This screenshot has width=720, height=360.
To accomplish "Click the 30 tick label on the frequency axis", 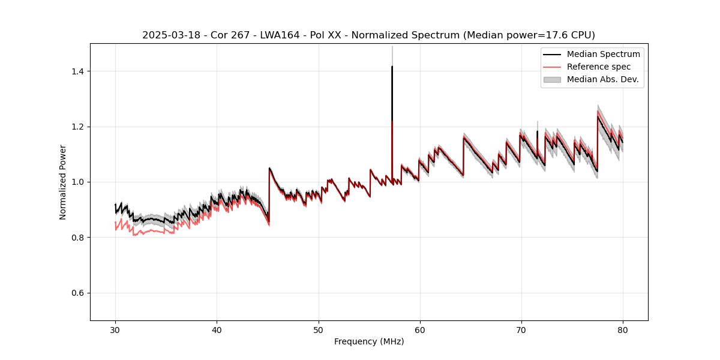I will [115, 329].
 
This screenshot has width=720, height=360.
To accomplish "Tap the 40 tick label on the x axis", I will [217, 329].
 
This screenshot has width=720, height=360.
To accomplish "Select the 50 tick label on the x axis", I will [318, 329].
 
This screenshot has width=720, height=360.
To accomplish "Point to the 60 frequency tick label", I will [419, 329].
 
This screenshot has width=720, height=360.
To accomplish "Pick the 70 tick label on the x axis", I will [521, 329].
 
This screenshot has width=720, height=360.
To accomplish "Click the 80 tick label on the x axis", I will [622, 329].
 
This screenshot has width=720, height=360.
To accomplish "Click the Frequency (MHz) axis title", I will [369, 341].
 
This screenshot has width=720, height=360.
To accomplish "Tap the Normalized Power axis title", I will [63, 182].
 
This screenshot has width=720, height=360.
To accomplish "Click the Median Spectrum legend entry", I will [603, 54].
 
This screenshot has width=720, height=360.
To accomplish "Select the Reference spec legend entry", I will [599, 67].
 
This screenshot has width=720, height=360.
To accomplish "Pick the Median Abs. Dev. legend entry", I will [602, 79].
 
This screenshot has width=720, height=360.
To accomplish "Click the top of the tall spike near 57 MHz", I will [392, 67].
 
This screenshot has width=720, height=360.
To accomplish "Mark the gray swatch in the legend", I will [552, 79].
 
